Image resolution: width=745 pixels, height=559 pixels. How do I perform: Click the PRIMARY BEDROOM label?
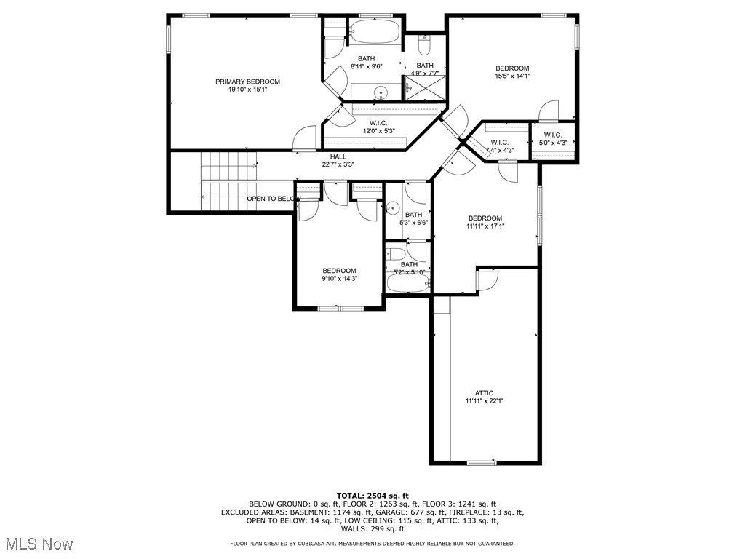click(247, 82)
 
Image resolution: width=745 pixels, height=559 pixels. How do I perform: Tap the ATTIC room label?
click(485, 392)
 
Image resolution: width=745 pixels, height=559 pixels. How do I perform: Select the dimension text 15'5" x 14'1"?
click(512, 76)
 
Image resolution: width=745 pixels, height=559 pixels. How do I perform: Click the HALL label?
click(338, 156)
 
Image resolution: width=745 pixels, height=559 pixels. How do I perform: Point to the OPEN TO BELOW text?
click(274, 199)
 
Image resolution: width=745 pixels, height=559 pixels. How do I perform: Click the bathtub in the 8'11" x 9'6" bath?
click(375, 32)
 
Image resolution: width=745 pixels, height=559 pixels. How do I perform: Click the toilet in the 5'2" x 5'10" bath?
click(397, 254)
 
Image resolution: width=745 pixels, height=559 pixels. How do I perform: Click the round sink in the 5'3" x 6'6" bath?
click(391, 208)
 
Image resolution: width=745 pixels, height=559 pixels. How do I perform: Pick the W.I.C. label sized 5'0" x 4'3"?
click(552, 135)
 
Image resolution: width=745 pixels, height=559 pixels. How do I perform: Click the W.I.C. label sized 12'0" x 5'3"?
click(378, 123)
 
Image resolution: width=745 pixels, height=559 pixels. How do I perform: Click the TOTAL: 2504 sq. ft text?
click(372, 495)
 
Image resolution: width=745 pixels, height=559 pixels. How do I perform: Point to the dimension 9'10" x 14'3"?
click(340, 278)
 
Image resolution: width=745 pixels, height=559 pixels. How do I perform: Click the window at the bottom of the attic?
click(481, 462)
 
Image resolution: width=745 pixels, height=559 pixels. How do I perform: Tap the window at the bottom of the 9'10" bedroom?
click(340, 309)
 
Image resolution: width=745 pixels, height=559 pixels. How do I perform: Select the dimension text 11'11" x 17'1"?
click(485, 226)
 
